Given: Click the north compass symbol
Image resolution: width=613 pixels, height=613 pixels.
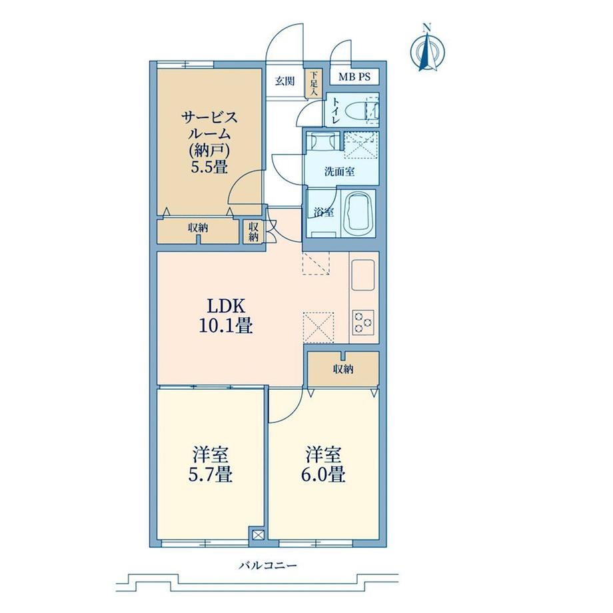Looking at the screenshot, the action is (428, 49).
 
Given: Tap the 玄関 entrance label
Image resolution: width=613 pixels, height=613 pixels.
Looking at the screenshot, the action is (285, 81).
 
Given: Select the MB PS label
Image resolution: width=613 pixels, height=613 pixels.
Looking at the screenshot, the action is (354, 77).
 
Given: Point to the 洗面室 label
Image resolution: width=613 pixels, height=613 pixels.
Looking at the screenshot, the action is (339, 171).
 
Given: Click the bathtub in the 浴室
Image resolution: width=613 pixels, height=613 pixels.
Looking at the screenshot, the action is (358, 213).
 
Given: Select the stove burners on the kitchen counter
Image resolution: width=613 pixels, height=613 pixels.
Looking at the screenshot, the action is (363, 322).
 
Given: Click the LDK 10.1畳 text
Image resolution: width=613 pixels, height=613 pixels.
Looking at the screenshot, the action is (226, 316).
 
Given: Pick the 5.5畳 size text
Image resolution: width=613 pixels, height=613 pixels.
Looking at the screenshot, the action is (209, 167).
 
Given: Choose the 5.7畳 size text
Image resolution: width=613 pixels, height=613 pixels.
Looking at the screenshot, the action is (211, 474).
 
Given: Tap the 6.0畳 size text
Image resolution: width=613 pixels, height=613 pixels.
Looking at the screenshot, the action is (323, 474).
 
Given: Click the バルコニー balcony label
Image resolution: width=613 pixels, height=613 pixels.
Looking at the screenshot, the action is (268, 565).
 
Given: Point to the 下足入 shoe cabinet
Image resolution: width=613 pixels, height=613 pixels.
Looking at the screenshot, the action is (314, 84).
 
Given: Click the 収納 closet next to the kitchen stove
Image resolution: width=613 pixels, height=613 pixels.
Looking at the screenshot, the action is (343, 368).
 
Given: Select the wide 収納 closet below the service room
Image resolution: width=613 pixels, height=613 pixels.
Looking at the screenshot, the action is (198, 231).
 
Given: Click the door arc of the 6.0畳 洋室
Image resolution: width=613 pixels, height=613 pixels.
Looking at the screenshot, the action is (291, 410).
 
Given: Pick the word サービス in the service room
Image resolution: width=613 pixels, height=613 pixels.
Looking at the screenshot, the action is (209, 117).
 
